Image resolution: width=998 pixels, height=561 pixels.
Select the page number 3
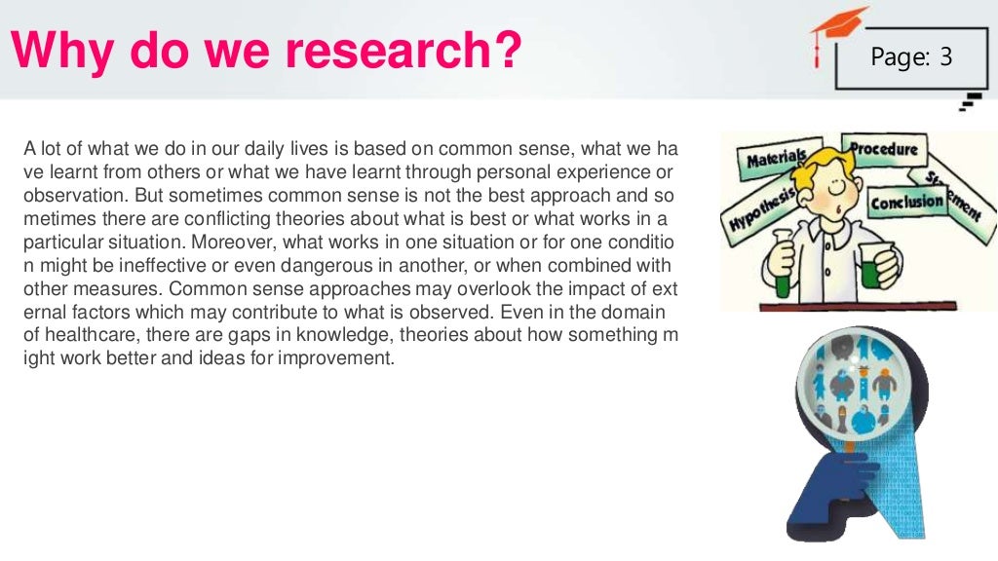[x=946, y=58]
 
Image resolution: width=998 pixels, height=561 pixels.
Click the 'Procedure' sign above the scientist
[x=883, y=149]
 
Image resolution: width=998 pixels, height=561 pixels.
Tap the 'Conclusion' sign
[x=906, y=203]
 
